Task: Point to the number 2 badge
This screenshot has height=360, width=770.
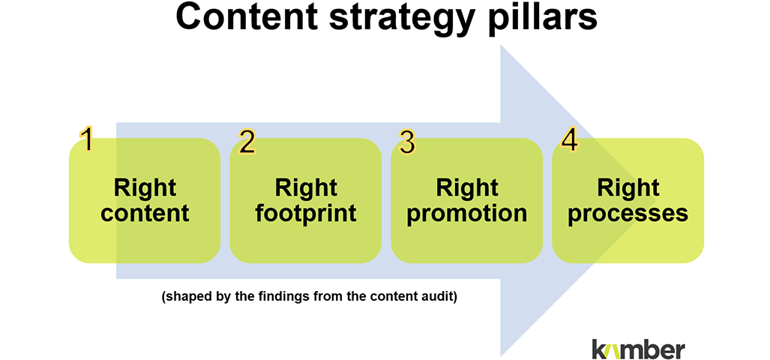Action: point(247,142)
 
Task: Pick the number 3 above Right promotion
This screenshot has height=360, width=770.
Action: point(406,142)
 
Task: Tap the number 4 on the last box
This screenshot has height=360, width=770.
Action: point(569,142)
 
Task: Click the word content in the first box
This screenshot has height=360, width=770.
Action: point(145,213)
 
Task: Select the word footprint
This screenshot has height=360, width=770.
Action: point(305,214)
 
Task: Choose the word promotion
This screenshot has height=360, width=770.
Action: point(466,214)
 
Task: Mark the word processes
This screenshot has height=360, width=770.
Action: point(628,214)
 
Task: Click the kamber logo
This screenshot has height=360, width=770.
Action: point(637,348)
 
